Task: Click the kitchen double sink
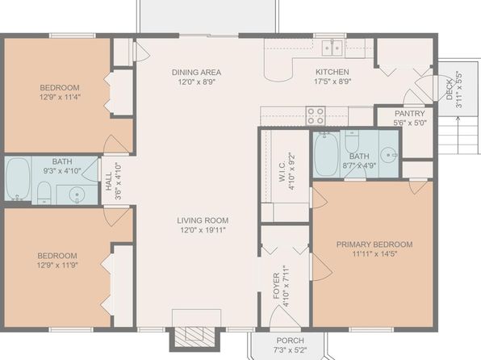[x=333, y=48]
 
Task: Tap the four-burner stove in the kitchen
[x=316, y=115]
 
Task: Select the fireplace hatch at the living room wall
[x=194, y=337]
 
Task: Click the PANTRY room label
[x=410, y=113]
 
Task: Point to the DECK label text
[x=450, y=90]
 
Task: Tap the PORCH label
[x=291, y=341]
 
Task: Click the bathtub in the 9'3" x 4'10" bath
[x=18, y=179]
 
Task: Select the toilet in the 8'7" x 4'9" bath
[x=352, y=141]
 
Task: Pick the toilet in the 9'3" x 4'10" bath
[x=44, y=193]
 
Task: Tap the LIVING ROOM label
[x=203, y=220]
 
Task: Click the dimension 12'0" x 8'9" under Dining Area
[x=196, y=82]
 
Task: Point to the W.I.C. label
[x=282, y=172]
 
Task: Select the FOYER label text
[x=276, y=286]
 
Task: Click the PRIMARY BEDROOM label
[x=374, y=245]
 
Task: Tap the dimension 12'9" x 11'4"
[x=60, y=98]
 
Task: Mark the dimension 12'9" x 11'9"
[x=57, y=266]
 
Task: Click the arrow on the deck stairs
[x=458, y=135]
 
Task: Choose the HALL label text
[x=109, y=182]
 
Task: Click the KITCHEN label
[x=333, y=72]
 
